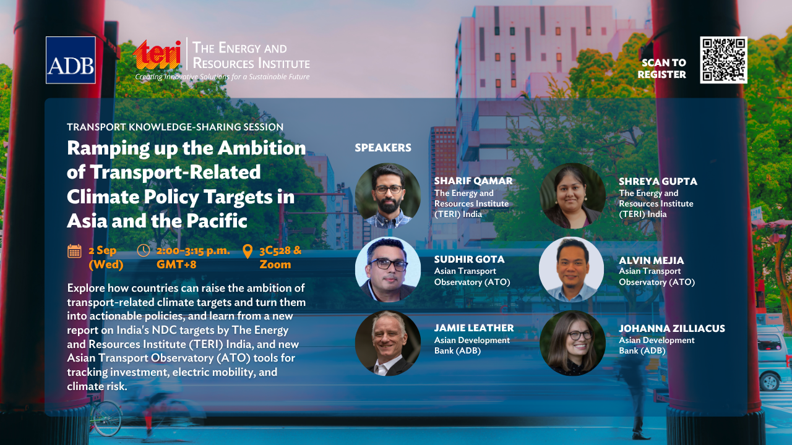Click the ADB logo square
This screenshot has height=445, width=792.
point(71,60)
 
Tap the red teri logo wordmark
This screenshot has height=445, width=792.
point(157,55)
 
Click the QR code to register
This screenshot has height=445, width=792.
point(723,60)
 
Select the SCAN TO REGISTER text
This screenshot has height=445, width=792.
point(662,69)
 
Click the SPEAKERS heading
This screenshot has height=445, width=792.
point(383,148)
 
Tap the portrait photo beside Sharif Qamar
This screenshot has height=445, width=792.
point(388,196)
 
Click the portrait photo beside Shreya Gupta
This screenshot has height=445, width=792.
point(572,196)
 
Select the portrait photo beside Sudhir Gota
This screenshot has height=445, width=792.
point(388,269)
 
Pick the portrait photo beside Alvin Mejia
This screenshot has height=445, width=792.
point(572,269)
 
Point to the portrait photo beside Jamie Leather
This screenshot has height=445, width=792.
point(388,343)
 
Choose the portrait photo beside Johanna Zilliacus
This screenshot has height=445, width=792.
point(572,343)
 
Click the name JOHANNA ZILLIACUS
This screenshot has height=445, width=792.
point(672,328)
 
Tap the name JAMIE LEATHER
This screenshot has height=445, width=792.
point(474,328)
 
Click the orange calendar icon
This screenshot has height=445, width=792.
point(74,251)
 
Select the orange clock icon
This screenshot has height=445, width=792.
point(143,250)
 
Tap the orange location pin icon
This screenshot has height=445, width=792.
point(247,252)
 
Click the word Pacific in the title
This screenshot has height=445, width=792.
point(217,221)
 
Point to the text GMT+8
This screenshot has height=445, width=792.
point(176,265)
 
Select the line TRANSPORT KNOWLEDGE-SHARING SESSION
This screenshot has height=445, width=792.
point(175,127)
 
